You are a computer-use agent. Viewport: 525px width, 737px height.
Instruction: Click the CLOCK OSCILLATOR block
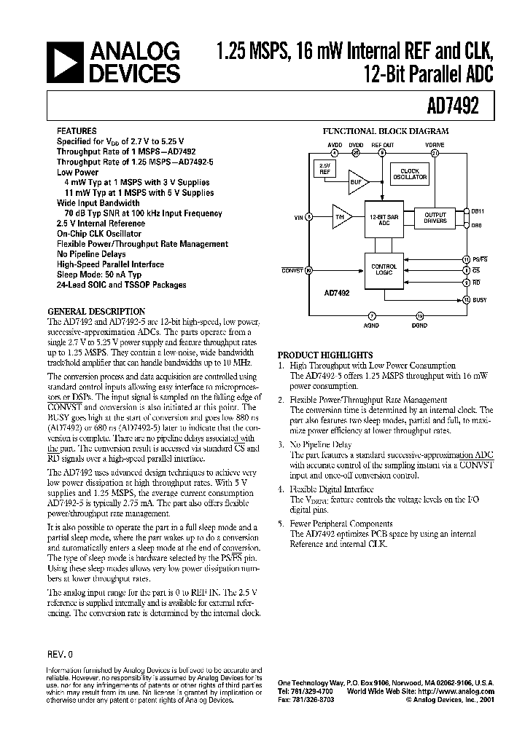(x=411, y=175)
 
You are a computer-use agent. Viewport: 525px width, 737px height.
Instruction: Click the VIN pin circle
(x=308, y=216)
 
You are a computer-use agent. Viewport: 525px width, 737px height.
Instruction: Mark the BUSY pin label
(x=481, y=299)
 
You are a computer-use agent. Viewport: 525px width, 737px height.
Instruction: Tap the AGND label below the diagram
(x=373, y=326)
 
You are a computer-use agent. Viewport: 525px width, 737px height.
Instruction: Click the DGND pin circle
(x=419, y=315)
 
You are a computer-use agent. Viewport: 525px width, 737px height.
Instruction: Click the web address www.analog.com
(x=464, y=692)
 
